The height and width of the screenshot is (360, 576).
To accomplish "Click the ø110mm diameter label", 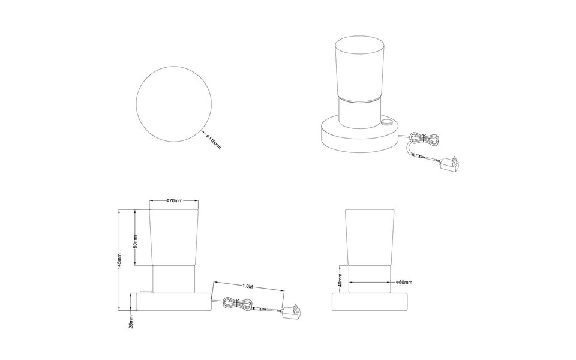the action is (x=213, y=142).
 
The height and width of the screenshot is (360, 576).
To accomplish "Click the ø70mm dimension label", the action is (x=174, y=200).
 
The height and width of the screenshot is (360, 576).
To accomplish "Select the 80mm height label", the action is (x=135, y=242).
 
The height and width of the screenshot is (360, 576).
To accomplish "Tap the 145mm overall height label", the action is (x=119, y=261).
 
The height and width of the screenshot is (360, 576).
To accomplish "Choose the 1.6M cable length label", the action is (x=248, y=286).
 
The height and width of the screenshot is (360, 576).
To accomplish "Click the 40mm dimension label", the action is (x=340, y=280).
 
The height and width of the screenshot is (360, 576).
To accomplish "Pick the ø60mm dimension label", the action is (x=404, y=282).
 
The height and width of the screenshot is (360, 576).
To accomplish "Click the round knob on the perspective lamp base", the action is (x=386, y=122).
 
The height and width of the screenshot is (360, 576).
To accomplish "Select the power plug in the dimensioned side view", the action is (x=292, y=312).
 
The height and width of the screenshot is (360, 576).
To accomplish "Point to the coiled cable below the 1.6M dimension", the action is (x=238, y=303).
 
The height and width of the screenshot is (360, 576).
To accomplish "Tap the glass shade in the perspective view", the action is (x=359, y=68).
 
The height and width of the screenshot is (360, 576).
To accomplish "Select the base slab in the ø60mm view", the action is (x=370, y=302).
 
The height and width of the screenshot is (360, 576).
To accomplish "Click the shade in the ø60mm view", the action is (x=370, y=237).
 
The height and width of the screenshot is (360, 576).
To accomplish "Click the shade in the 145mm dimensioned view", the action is (x=174, y=237).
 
